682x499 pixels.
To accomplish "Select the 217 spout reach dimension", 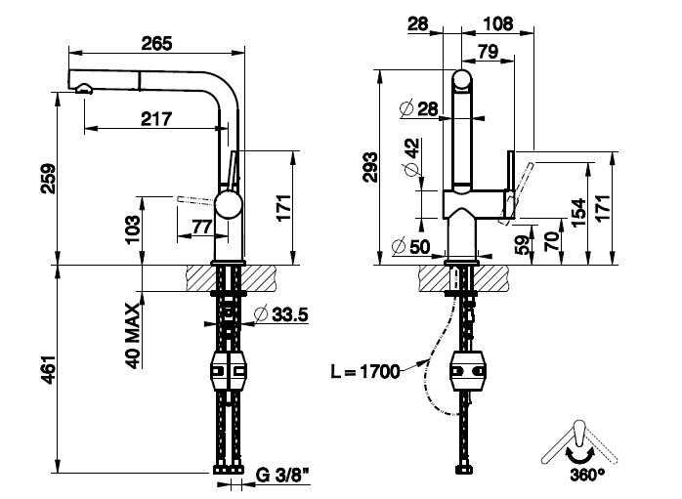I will pos(156,119).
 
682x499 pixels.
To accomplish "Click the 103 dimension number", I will pos(136,230).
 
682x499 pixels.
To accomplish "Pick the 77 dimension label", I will pos(201,228).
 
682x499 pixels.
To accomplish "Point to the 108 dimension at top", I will pos(499,22).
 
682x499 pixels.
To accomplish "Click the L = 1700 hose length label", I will pos(366,371).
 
